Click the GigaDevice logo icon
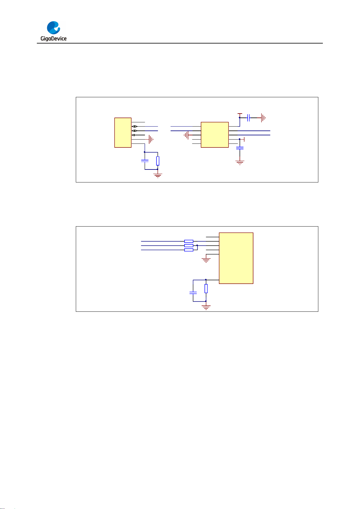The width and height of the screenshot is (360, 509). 54,28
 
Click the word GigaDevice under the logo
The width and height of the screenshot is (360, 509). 53,39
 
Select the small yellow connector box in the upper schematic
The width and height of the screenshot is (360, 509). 123,133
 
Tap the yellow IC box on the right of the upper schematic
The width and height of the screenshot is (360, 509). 215,135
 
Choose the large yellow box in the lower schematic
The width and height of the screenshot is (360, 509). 236,258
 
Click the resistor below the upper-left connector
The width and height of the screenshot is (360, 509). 158,161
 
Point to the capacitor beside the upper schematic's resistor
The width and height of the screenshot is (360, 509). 145,161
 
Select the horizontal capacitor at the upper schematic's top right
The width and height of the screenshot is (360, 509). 248,118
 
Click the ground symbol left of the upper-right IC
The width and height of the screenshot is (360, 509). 186,135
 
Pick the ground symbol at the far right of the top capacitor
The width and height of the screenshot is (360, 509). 263,118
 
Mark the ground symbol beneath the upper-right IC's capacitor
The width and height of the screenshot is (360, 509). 240,163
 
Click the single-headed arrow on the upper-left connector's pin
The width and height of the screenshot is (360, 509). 133,135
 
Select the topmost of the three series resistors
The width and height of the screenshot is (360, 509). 189,241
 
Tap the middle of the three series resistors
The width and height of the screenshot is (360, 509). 189,246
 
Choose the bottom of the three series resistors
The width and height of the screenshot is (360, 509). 189,250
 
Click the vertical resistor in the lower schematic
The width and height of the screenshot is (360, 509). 206,288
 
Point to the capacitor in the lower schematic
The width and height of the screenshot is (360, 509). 193,292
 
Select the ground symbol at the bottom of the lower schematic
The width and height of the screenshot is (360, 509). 206,307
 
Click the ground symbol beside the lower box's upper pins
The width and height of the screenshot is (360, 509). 206,260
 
